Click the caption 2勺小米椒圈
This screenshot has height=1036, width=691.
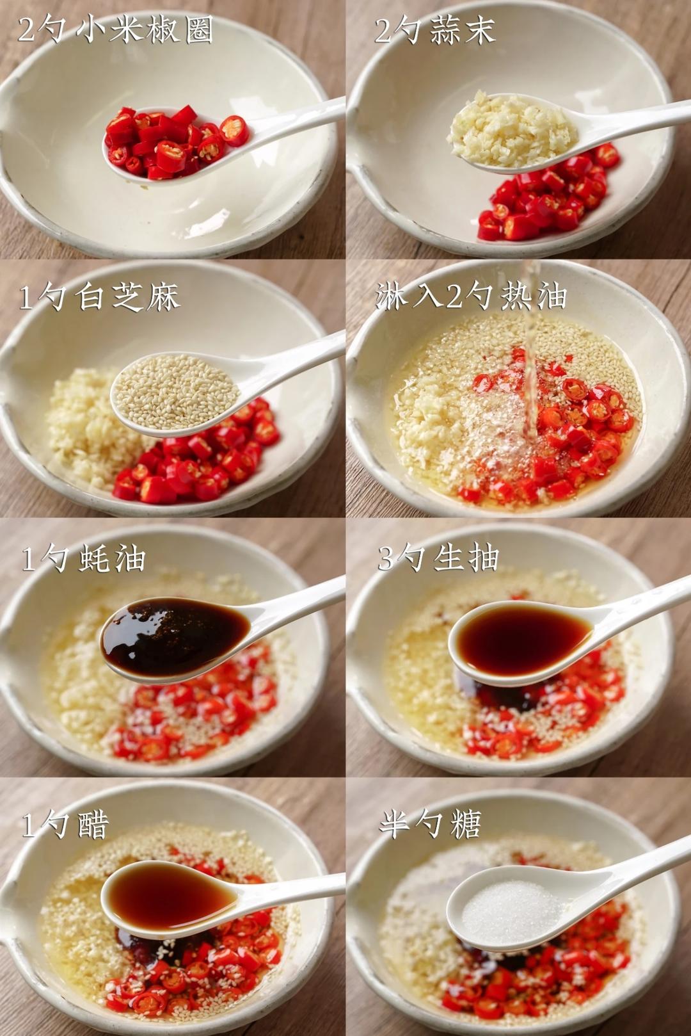click(116, 29)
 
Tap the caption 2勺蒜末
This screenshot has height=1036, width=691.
click(434, 29)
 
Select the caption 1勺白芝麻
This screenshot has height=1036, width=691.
click(99, 297)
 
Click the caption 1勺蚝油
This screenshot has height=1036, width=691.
click(84, 559)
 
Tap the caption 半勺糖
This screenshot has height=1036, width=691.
click(429, 824)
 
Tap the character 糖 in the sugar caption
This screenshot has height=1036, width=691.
click(464, 824)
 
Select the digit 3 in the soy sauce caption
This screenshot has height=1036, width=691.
click(386, 558)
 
